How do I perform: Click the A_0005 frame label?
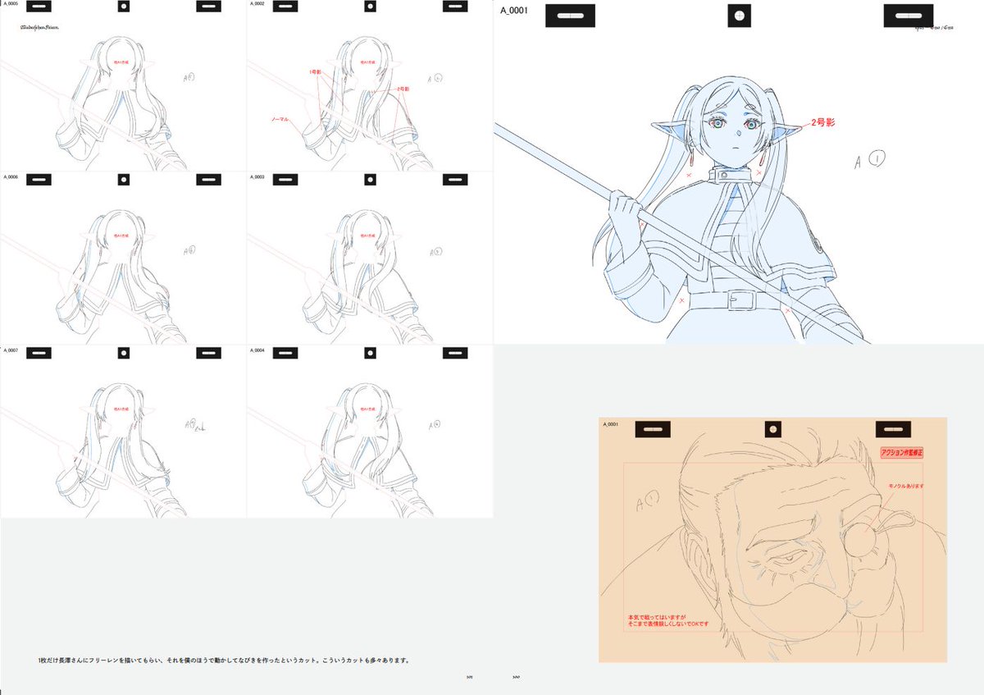coord(10,4)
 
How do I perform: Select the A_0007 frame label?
coord(10,350)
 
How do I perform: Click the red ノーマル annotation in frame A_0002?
coord(280,118)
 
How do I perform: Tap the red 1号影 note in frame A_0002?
coord(314,71)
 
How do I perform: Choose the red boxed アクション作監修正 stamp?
coord(901,452)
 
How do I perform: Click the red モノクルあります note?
coord(906,486)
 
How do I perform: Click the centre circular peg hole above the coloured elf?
coord(740,16)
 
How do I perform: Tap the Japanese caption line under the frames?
coord(223,661)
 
